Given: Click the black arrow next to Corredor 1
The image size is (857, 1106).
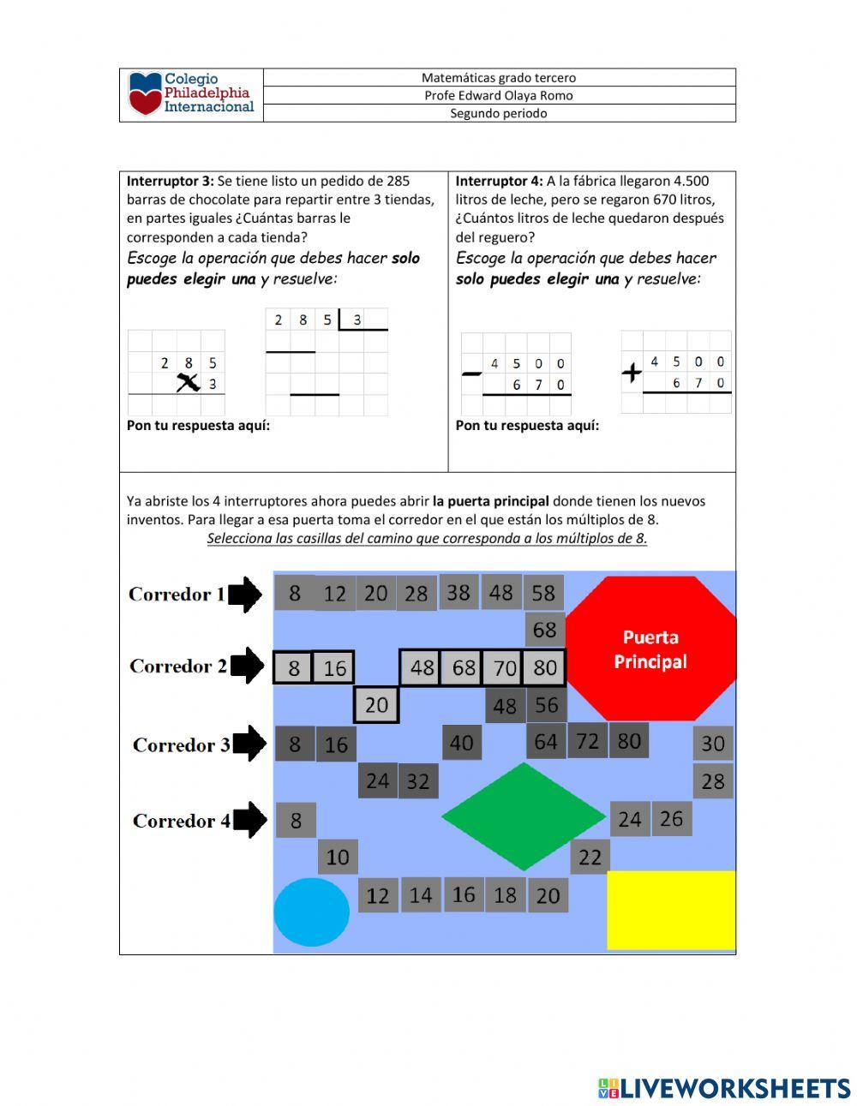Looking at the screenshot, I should point(245,594).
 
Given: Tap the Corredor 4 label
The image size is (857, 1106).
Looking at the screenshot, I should point(182,821).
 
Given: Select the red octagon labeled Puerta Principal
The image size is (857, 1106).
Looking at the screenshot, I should point(650,649).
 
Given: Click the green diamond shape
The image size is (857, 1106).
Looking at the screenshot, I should point(524,816).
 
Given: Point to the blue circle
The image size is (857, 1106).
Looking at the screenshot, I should point(311,912).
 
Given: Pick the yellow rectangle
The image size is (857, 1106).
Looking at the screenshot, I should point(671,910).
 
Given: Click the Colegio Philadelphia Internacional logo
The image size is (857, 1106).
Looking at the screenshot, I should point(191,94).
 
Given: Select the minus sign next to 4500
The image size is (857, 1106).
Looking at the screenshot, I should point(471,374).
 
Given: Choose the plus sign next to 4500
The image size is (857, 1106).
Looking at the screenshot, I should point(632,373).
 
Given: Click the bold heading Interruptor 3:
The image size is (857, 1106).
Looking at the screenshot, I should point(171,181).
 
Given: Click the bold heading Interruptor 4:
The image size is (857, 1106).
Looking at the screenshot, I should point(499,181).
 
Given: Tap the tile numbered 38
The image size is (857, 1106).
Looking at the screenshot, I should point(458,592).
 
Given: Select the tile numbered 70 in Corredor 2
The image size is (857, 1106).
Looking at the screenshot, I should point(505,667).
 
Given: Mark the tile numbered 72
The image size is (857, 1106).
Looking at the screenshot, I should point(587,740).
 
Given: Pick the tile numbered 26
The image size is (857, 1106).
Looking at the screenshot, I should point(671,819).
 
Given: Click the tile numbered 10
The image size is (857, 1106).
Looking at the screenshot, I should point(338,857).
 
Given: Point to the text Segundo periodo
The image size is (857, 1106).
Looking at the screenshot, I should point(499,113).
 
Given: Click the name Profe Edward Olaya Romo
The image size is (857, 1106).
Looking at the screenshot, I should point(499,95).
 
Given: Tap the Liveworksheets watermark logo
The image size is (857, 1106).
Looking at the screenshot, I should point(724,1088).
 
